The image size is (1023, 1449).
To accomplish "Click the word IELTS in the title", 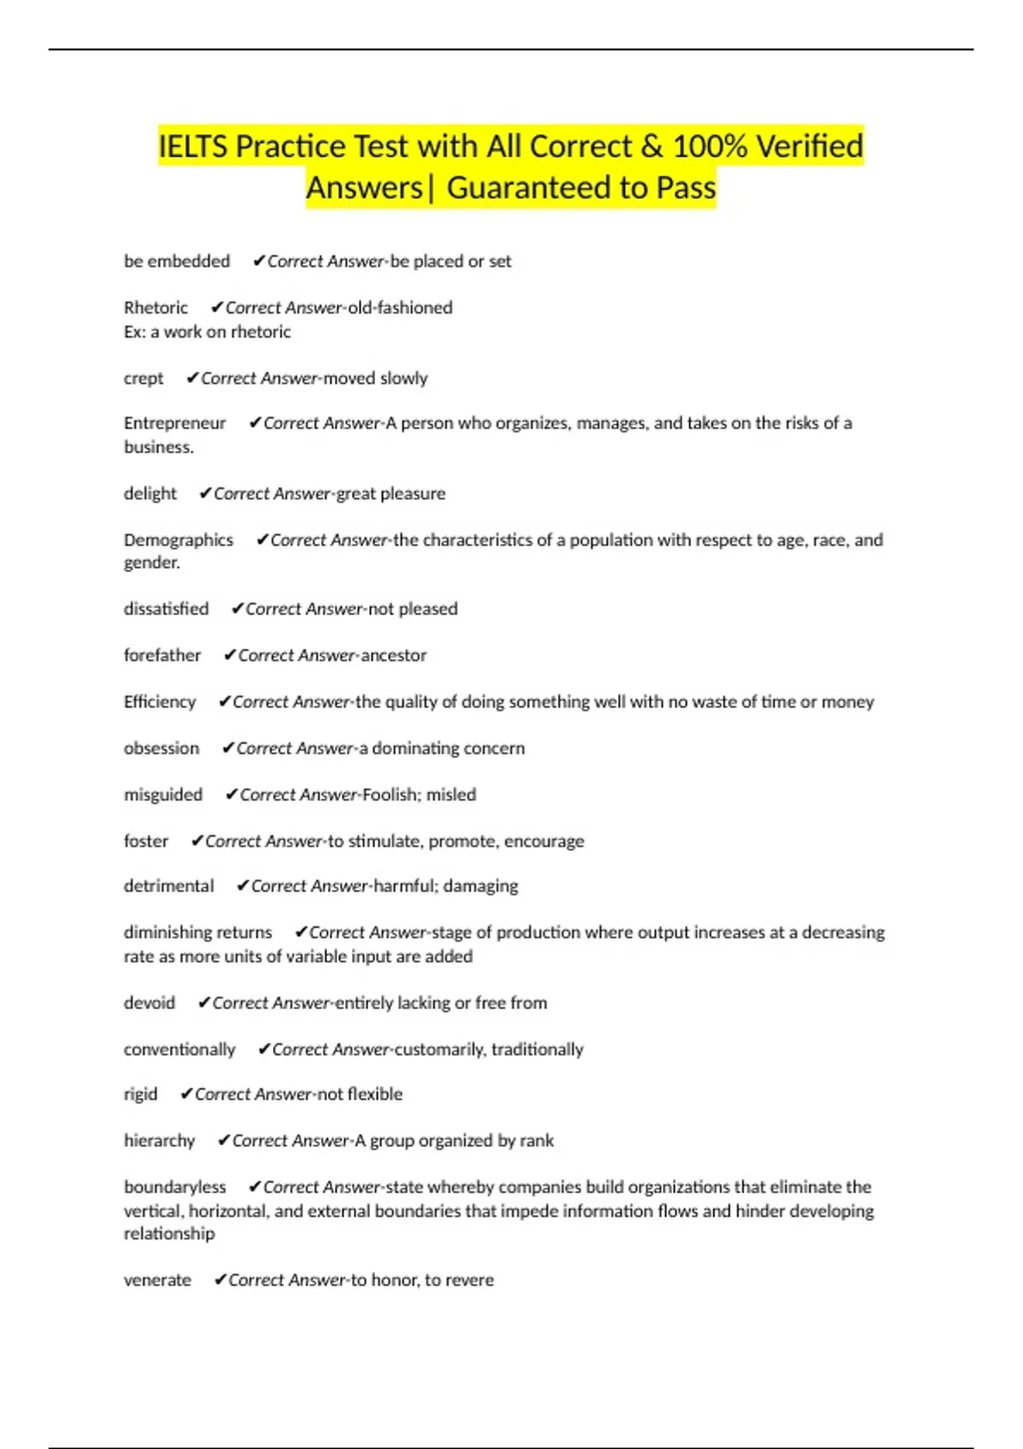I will pos(193,147).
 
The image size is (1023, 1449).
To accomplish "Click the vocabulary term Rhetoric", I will pos(156,308).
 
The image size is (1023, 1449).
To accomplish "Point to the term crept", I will pos(143,378).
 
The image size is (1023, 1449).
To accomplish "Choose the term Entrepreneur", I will pos(175,424).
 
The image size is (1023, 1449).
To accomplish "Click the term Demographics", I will pos(178,540).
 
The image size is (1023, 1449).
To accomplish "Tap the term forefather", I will pos(162,655).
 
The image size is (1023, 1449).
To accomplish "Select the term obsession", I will pos(161,748).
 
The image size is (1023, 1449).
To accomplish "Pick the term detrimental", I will pos(169,886).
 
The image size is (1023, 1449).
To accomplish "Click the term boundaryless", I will pos(175,1187).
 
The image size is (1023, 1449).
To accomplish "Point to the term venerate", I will pos(157,1280).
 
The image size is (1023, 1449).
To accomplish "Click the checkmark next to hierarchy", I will pos(223,1140).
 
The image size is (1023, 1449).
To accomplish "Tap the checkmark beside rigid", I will pos(186,1094).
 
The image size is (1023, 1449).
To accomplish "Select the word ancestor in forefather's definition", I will pos(393,655).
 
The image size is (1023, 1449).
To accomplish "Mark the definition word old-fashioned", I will pos(400,308).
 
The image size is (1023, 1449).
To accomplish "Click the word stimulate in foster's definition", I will pos(384,841).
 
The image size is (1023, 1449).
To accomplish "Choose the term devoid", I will pos(149,1003).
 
